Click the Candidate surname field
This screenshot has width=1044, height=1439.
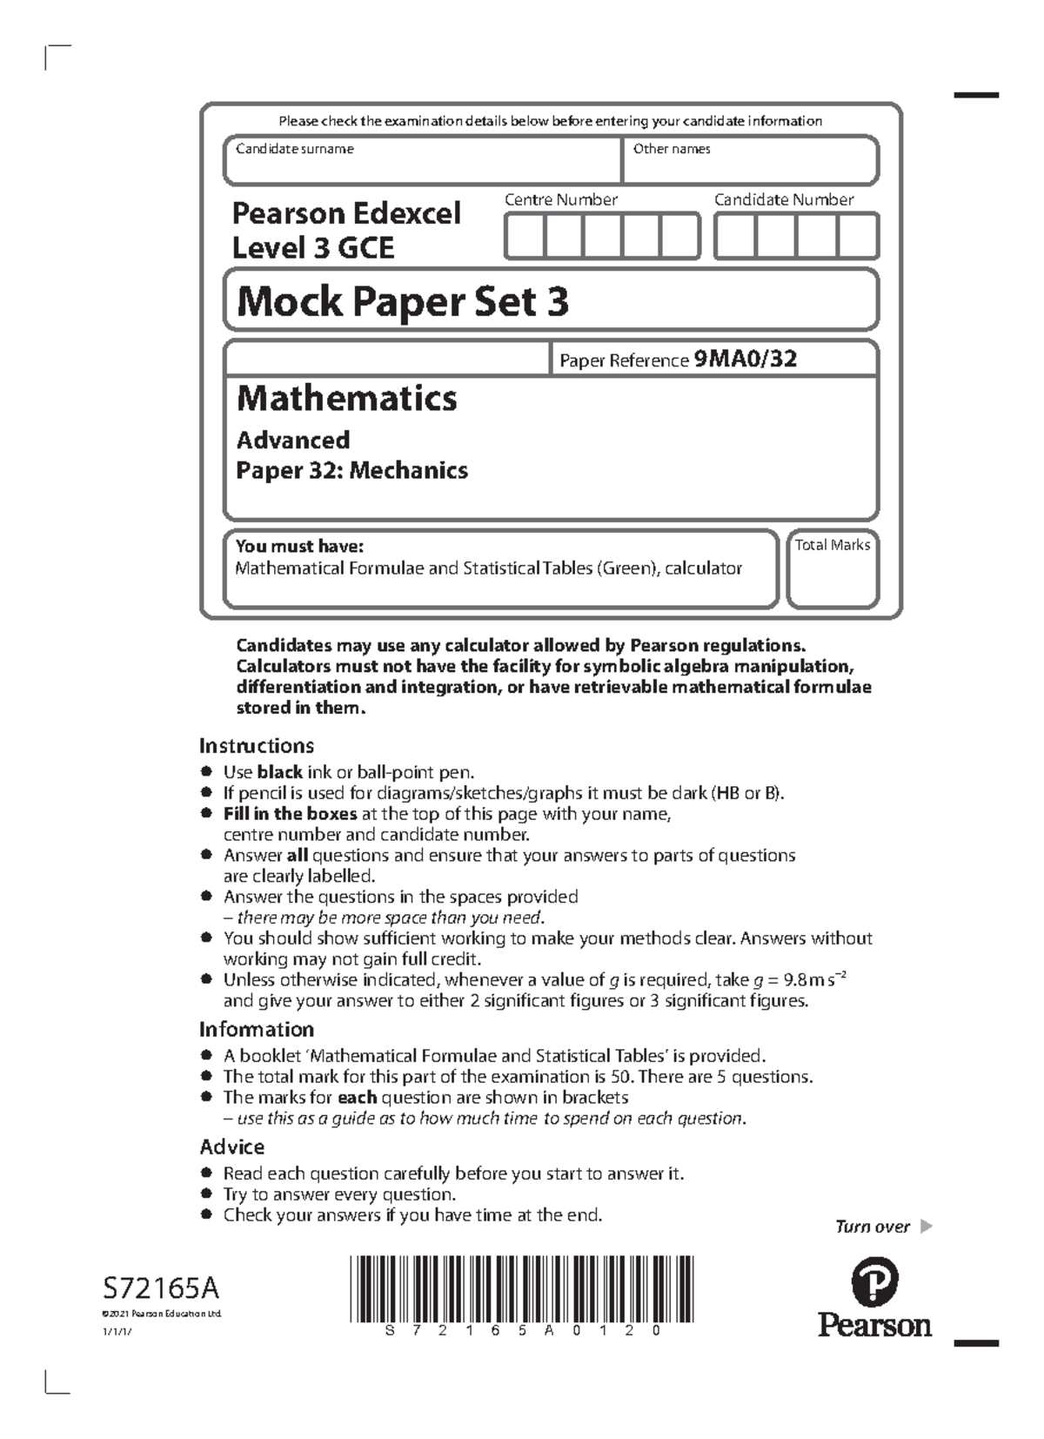(422, 165)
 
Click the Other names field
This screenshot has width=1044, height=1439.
(750, 165)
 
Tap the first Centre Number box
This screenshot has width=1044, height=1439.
(525, 237)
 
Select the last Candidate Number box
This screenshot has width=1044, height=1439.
(858, 237)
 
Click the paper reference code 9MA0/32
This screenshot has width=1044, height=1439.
(746, 360)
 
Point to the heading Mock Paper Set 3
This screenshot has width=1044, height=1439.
(403, 302)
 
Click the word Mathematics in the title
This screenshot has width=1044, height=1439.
(347, 399)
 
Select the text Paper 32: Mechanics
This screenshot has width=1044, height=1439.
(351, 471)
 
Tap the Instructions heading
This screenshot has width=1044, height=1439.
(257, 746)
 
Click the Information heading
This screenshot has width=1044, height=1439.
(257, 1030)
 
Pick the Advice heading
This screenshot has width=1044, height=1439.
(232, 1146)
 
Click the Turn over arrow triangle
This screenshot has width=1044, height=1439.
(926, 1227)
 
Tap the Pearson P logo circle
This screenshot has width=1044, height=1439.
(874, 1283)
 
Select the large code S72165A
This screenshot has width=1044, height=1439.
(160, 1288)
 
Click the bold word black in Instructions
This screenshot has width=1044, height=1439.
(279, 772)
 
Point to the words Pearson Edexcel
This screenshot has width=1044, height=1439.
(346, 213)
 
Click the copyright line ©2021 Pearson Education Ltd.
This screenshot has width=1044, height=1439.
(161, 1314)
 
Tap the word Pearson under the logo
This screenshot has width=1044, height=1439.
(874, 1326)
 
